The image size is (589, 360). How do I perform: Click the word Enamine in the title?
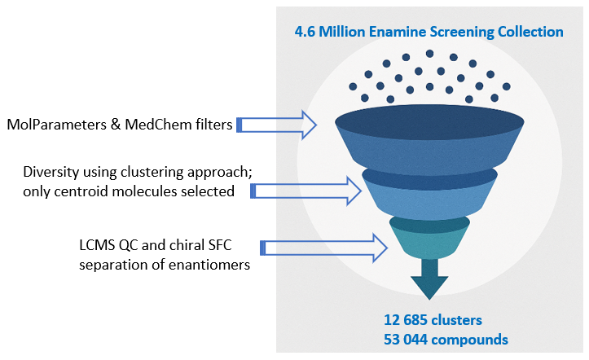pyautogui.click(x=393, y=32)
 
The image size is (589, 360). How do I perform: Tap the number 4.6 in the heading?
pyautogui.click(x=305, y=32)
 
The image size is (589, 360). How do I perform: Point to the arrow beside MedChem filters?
pyautogui.click(x=276, y=125)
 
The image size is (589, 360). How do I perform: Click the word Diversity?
pyautogui.click(x=52, y=173)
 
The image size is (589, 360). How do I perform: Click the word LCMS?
pyautogui.click(x=89, y=245)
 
